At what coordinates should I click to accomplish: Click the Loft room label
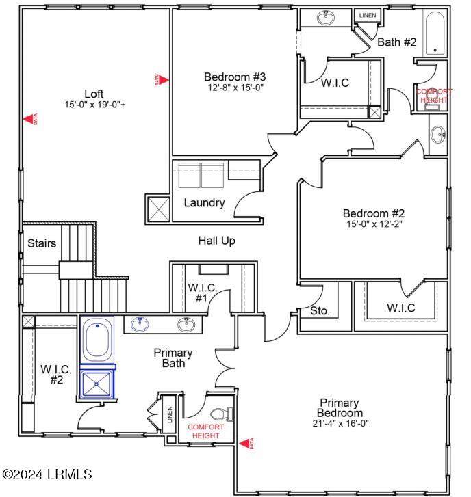(94, 94)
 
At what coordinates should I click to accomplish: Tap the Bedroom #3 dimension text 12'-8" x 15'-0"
(235, 88)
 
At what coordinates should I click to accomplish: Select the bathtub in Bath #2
(435, 33)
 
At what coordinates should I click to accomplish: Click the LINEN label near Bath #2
(368, 15)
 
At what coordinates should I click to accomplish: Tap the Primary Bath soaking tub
(97, 339)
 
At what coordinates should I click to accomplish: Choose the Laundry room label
(205, 203)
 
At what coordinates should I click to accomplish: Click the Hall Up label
(217, 241)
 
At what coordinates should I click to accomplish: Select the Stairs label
(42, 243)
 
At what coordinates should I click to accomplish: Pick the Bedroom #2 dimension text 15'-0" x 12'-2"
(374, 224)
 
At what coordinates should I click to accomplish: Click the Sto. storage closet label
(320, 311)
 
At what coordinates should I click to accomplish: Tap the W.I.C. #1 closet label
(203, 293)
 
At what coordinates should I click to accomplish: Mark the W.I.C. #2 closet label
(56, 375)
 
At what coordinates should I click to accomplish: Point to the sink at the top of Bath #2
(325, 18)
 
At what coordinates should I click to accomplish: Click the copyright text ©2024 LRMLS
(47, 474)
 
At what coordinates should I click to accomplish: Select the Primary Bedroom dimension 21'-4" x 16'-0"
(340, 423)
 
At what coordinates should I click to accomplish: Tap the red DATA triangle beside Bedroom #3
(162, 80)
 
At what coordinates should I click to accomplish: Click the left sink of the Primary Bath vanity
(140, 324)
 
